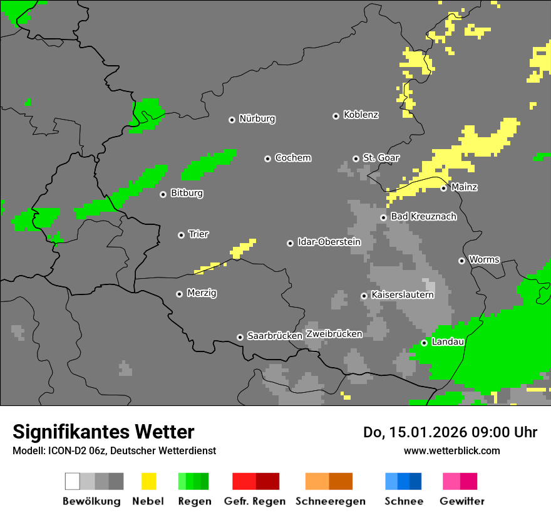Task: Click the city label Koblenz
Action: point(361,115)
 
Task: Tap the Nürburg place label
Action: point(257,118)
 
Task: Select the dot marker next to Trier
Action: point(181,235)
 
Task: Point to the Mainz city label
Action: point(464,187)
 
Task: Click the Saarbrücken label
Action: point(275,336)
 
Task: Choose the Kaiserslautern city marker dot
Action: point(364,296)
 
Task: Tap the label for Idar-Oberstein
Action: point(329,242)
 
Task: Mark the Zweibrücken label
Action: point(334,334)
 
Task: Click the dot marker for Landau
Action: point(424,343)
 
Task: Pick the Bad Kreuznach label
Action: point(423,216)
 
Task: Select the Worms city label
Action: point(484,259)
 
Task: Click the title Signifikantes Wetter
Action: point(103,432)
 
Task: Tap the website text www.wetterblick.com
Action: point(451,450)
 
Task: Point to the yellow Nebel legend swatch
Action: point(148,481)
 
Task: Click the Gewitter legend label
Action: point(461,501)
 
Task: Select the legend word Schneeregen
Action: point(330,501)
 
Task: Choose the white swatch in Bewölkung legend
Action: point(73,481)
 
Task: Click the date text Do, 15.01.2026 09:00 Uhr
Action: point(450,432)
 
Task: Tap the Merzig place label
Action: point(202,293)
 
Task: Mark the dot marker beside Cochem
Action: point(267,159)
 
